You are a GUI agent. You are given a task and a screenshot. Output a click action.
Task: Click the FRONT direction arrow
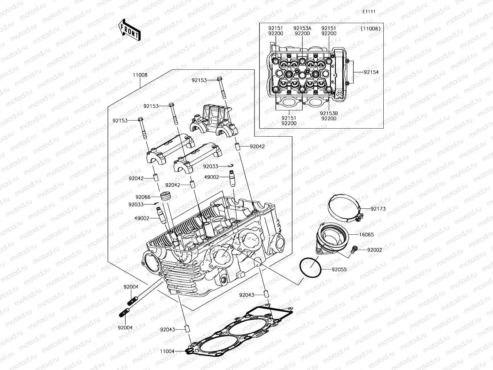click(x=129, y=30)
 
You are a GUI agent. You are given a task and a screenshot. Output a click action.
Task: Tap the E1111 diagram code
click(x=369, y=12)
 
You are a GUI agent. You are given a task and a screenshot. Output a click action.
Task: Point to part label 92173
click(x=378, y=209)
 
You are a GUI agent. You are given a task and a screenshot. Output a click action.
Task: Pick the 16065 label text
click(x=366, y=235)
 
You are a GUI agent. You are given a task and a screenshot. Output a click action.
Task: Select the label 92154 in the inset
click(x=371, y=72)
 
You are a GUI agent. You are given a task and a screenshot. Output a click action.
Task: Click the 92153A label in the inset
click(x=302, y=28)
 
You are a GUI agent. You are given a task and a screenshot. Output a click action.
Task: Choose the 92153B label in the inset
click(x=328, y=113)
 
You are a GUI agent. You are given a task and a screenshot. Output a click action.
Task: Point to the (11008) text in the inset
click(x=370, y=29)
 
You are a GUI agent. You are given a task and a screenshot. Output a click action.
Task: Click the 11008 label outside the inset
click(x=140, y=75)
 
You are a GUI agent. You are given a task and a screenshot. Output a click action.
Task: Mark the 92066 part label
click(x=143, y=197)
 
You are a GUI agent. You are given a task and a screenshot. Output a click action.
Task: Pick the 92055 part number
click(x=339, y=269)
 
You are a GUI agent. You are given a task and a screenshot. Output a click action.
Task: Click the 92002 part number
click(x=374, y=250)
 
